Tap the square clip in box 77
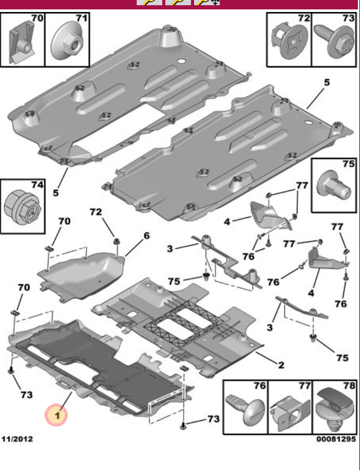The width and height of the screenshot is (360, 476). pyautogui.click(x=290, y=412)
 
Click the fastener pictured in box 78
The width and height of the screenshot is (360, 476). pyautogui.click(x=334, y=409)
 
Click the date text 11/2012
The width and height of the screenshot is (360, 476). pyautogui.click(x=17, y=439)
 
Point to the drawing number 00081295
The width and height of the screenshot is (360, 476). pyautogui.click(x=336, y=439)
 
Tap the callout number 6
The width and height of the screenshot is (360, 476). pyautogui.click(x=146, y=236)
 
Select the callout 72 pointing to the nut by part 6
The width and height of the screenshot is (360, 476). pyautogui.click(x=95, y=213)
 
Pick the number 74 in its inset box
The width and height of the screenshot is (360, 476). pyautogui.click(x=38, y=185)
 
